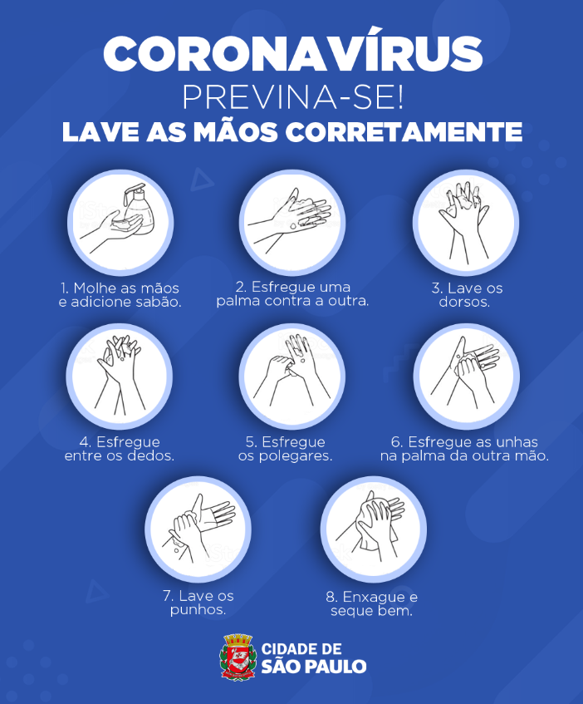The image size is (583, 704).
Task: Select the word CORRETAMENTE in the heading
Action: click(404, 132)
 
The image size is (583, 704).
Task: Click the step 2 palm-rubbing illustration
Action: click(292, 222)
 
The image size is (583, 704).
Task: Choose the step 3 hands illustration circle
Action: click(466, 222)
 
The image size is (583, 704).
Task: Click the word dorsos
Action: click(464, 302)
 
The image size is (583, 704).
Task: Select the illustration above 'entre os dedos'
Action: click(120, 376)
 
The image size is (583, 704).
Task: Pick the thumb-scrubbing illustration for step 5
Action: click(292, 376)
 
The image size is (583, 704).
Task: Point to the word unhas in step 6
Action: click(517, 442)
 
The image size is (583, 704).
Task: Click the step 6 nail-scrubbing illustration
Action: click(467, 376)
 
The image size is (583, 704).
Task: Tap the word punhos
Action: click(198, 610)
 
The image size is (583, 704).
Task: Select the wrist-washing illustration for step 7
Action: click(198, 529)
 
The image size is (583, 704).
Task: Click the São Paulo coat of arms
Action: click(238, 657)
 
